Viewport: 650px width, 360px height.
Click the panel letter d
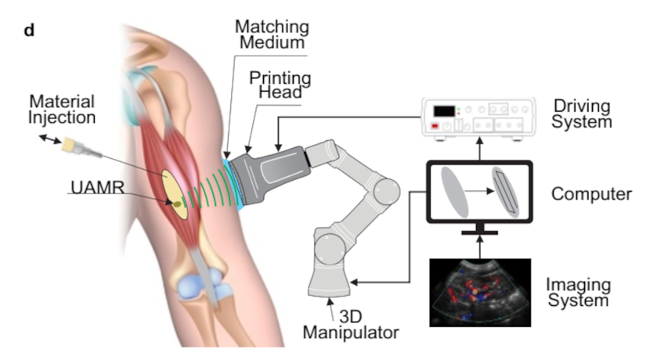click(29, 31)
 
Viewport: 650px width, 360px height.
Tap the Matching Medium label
click(272, 34)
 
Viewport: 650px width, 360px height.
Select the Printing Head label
click(280, 85)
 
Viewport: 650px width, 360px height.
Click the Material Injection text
click(62, 110)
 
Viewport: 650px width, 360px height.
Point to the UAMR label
click(97, 187)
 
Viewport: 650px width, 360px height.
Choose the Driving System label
click(582, 114)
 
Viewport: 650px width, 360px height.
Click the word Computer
click(591, 194)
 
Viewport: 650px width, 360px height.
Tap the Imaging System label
click(578, 292)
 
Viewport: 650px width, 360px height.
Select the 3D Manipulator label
click(351, 324)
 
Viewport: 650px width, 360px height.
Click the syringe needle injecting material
click(82, 149)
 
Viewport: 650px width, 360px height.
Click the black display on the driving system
click(444, 111)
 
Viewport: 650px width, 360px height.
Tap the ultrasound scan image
click(480, 293)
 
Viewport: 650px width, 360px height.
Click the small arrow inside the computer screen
click(479, 191)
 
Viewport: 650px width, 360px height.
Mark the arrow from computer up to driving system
click(479, 149)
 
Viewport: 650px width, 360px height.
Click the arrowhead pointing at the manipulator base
click(355, 283)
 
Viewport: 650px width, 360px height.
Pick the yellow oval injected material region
click(175, 194)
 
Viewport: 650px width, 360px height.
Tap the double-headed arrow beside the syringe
click(50, 139)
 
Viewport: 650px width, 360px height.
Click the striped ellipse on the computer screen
click(505, 192)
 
